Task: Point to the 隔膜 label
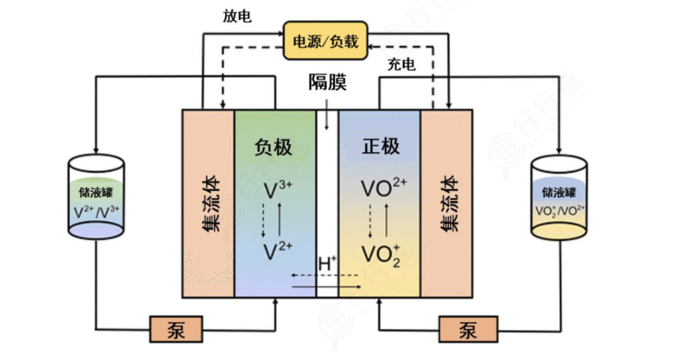(x=327, y=83)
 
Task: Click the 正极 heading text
(x=381, y=147)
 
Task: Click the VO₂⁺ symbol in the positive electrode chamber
(x=381, y=253)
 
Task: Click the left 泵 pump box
(x=176, y=330)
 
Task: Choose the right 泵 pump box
(x=468, y=330)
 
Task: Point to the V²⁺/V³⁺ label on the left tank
(x=96, y=211)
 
